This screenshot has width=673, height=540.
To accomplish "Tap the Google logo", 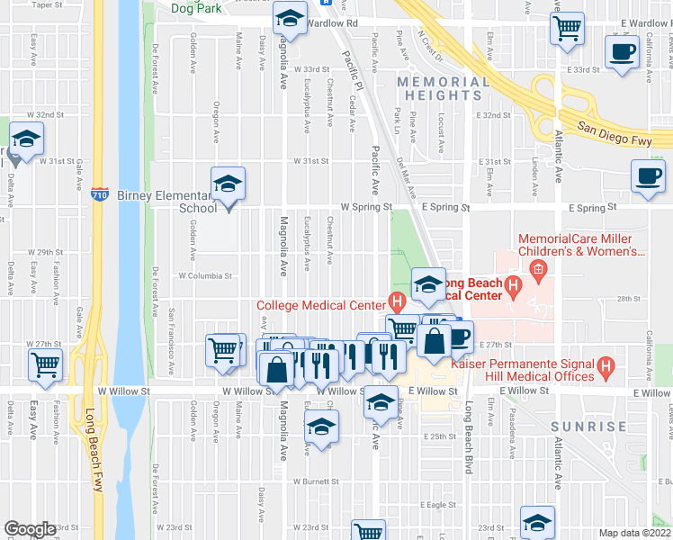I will tap(30, 529).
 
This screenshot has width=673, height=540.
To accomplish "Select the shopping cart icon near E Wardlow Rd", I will tap(567, 28).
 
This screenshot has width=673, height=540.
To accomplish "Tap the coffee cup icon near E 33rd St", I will tap(622, 52).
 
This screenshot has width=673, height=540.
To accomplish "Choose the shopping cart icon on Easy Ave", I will tap(45, 364).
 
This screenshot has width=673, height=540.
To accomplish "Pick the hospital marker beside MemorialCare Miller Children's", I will tap(537, 268).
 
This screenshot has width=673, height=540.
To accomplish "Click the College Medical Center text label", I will tap(321, 304).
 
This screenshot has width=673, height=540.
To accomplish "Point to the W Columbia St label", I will tap(205, 276).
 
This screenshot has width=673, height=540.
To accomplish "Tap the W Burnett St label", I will tap(312, 481).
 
